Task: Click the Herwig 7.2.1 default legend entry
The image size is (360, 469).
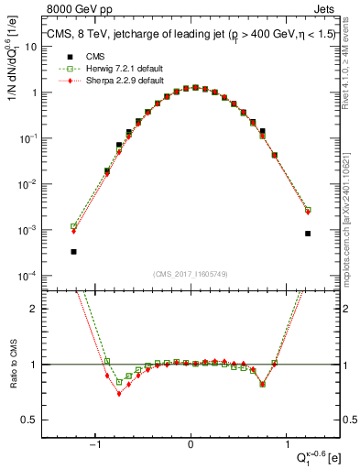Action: pyautogui.click(x=111, y=69)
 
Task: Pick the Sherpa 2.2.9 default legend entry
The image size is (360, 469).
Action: pyautogui.click(x=111, y=81)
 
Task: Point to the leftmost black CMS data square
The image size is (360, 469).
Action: pyautogui.click(x=73, y=251)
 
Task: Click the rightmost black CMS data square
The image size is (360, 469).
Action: pyautogui.click(x=308, y=234)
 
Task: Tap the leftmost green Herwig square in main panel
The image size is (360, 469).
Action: pyautogui.click(x=73, y=226)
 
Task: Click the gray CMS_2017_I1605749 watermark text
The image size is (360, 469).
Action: pyautogui.click(x=191, y=273)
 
